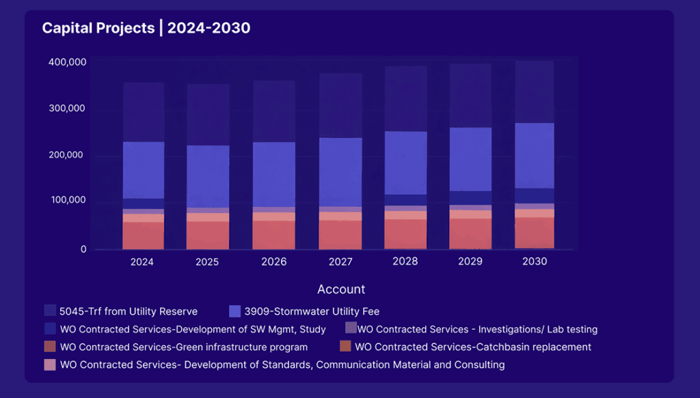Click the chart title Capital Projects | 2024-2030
coord(146,28)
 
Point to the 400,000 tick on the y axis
coord(67,62)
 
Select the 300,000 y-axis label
coord(67,109)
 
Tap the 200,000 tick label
coord(67,155)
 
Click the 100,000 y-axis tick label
coord(67,201)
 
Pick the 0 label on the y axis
coord(83,250)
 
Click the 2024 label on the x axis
coord(143,262)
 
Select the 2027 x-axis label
coord(340,262)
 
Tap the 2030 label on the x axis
coord(534,261)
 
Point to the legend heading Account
coord(341,289)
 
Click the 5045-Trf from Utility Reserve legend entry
coord(129,311)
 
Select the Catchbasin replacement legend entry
coord(472,347)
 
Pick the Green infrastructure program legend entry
coord(183,347)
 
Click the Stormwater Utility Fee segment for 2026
coord(274,174)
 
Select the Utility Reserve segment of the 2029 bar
coord(471,96)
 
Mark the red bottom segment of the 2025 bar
coord(208,235)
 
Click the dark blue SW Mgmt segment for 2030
coord(534,196)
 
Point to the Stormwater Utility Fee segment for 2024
coord(144,170)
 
